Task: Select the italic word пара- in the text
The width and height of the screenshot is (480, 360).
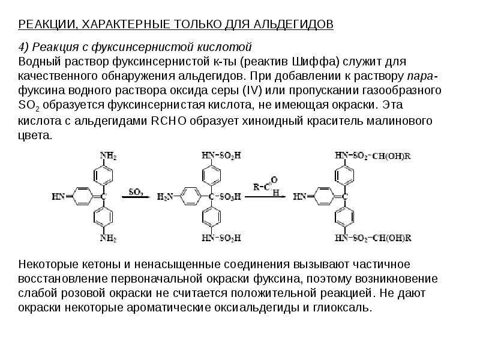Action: click(x=422, y=76)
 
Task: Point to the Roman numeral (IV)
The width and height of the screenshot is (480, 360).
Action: click(x=253, y=91)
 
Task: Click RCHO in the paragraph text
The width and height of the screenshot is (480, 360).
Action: click(x=169, y=121)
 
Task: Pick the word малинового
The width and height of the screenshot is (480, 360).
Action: click(x=399, y=121)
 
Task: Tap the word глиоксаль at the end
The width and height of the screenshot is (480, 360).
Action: click(x=342, y=307)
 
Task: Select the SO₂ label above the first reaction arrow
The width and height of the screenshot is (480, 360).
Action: click(x=136, y=192)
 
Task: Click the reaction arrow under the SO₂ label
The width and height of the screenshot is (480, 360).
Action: click(x=136, y=197)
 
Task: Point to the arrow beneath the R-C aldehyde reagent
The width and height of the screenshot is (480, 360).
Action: click(x=265, y=197)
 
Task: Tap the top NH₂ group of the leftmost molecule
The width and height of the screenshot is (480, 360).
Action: click(x=108, y=156)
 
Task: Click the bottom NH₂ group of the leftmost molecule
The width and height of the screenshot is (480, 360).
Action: click(x=108, y=238)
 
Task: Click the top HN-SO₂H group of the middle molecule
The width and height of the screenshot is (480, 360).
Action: click(x=221, y=155)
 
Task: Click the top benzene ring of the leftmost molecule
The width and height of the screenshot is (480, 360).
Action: click(x=103, y=175)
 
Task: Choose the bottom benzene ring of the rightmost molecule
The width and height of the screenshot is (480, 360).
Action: click(x=344, y=217)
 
